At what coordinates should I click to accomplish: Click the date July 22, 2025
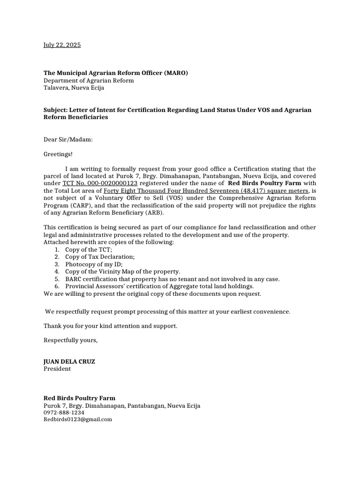tap(62, 45)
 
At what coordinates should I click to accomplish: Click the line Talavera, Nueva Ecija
tap(74, 88)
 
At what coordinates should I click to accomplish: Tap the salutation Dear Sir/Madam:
tap(68, 140)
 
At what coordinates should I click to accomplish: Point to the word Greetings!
tap(58, 154)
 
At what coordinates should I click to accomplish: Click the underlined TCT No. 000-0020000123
tap(100, 183)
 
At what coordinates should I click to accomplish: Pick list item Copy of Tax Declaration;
tap(100, 257)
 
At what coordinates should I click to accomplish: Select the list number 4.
tap(56, 271)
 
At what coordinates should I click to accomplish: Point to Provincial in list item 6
tap(81, 286)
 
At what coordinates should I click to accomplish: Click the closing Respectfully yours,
tap(71, 340)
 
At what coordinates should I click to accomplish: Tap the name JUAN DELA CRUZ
tap(72, 361)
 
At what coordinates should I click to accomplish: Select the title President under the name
tap(57, 369)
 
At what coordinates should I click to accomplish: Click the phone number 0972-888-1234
tap(64, 412)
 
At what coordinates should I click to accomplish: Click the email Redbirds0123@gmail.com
tap(78, 420)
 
